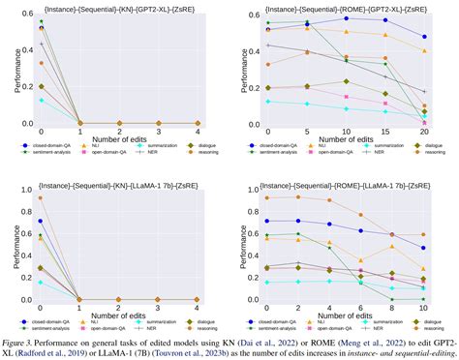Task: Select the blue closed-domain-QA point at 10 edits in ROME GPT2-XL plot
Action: (346, 18)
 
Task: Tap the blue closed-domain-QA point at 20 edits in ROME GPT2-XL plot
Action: (425, 37)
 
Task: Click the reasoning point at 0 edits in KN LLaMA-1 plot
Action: (40, 197)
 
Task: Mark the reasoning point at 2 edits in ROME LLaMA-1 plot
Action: (295, 196)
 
